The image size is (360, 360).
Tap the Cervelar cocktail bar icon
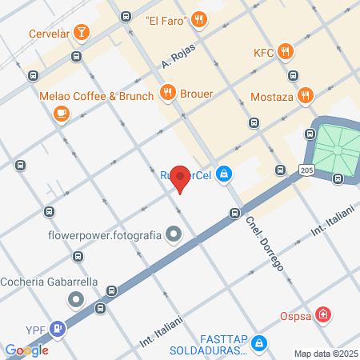(x=81, y=32)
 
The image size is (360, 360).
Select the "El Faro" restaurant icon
(x=200, y=19)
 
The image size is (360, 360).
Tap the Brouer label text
(x=197, y=93)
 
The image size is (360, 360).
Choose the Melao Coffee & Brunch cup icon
(x=61, y=114)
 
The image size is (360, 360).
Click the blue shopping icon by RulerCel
(x=225, y=173)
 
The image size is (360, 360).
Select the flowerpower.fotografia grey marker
(x=175, y=236)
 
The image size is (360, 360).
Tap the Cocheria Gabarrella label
(x=49, y=282)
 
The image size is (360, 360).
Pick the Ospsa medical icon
(x=322, y=314)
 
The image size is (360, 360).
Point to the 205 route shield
(x=307, y=170)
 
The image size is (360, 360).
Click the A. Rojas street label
(x=178, y=54)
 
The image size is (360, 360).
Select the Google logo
(x=26, y=350)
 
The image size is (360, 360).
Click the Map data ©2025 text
(x=324, y=354)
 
